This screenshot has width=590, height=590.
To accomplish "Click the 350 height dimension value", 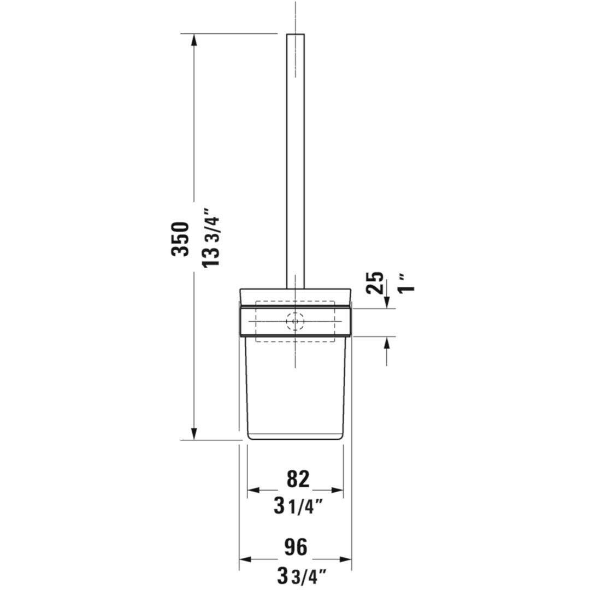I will click(180, 239).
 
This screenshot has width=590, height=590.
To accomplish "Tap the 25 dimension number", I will click(376, 283).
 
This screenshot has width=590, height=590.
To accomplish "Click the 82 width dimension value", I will click(298, 479).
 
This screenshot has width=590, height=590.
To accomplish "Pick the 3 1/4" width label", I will click(298, 506).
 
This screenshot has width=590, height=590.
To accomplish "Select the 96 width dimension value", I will click(296, 546).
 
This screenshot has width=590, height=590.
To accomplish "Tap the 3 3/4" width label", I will click(301, 575).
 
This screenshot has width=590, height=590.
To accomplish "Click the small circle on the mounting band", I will click(296, 322).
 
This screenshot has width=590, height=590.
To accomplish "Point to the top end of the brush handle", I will click(296, 35).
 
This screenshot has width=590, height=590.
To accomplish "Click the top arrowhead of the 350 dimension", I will click(193, 39).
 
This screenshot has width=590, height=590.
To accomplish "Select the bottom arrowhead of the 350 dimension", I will click(193, 434).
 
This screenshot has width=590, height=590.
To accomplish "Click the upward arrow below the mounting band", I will click(387, 343).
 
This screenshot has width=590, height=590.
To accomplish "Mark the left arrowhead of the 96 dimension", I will click(245, 559).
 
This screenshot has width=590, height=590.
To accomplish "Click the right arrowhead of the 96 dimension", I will click(346, 559).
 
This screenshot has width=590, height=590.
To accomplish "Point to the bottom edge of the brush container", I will click(296, 439).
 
